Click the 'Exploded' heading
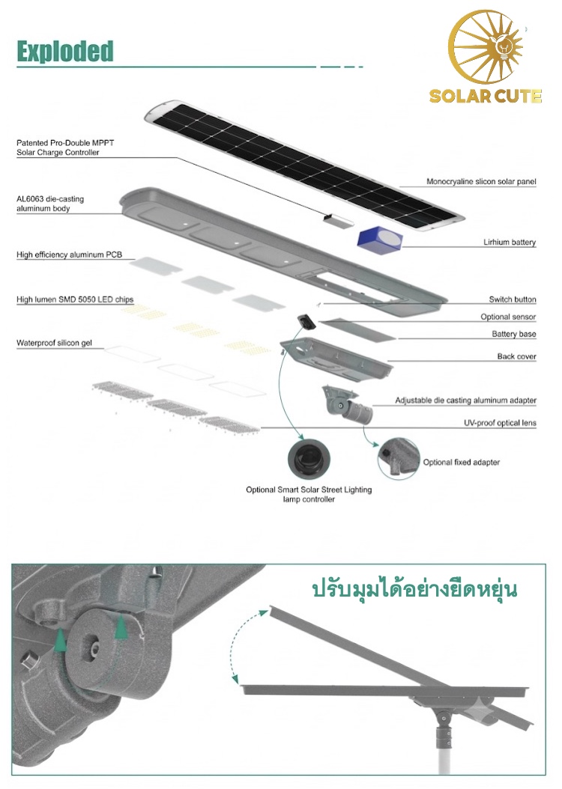[65, 52]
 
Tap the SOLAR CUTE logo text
[486, 96]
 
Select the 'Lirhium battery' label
[509, 242]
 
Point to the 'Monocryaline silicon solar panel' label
[481, 181]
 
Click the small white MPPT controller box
[338, 219]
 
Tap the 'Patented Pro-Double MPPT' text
[65, 143]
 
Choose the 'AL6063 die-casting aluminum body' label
[50, 204]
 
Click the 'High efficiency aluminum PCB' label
[69, 255]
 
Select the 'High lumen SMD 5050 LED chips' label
[74, 299]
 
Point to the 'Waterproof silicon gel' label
[54, 343]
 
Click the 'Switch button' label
[512, 299]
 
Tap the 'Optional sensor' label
[508, 317]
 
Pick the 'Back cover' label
[517, 356]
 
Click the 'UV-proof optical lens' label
[500, 423]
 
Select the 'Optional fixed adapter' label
[462, 462]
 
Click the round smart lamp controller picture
[309, 460]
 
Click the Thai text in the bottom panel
[414, 589]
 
